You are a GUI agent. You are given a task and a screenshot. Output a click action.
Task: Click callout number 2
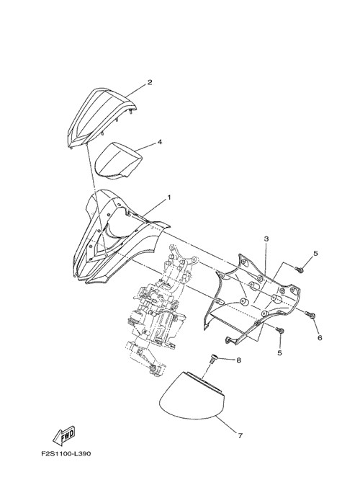(149, 82)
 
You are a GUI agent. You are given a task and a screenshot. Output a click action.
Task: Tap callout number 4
(160, 142)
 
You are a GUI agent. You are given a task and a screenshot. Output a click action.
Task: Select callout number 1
(168, 197)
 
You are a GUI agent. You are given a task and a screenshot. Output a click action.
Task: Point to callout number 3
(266, 239)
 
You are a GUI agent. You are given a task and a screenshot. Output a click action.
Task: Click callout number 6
(320, 337)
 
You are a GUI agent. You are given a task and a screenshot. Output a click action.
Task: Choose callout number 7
(240, 436)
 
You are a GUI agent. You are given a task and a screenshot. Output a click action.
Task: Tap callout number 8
(238, 360)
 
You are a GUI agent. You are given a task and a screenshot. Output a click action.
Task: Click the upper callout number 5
(315, 254)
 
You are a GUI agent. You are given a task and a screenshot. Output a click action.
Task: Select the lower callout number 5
(279, 353)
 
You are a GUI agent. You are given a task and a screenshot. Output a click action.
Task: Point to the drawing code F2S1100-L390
(66, 453)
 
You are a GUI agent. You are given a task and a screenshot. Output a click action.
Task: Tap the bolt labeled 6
(310, 314)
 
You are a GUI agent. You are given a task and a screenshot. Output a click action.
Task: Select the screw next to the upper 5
(299, 270)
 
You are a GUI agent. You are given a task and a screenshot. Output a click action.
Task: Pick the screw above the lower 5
(279, 330)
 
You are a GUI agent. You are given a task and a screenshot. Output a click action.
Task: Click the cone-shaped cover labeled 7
(192, 396)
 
